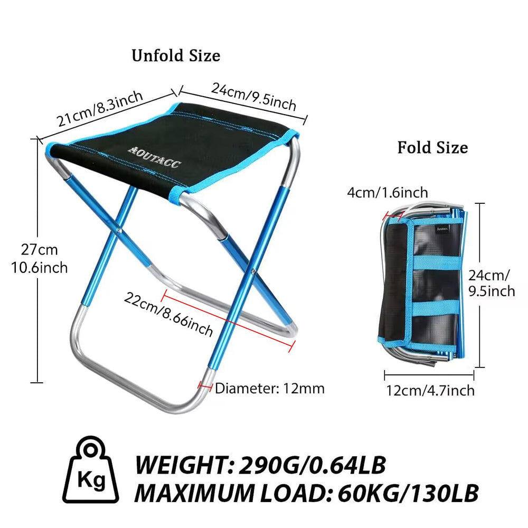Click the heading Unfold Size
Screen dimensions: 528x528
(x=176, y=55)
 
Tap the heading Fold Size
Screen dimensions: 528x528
(x=432, y=147)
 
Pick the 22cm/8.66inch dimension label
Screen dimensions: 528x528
(x=168, y=314)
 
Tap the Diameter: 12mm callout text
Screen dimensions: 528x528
(x=269, y=389)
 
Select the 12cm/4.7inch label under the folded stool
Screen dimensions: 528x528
(x=430, y=391)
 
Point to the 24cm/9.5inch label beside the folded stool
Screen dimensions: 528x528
(x=491, y=282)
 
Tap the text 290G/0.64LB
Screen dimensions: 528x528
(x=312, y=465)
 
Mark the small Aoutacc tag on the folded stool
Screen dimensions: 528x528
(x=442, y=229)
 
